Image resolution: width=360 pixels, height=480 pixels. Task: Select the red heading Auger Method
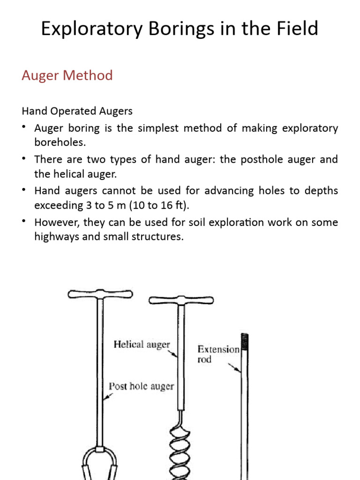[67, 75]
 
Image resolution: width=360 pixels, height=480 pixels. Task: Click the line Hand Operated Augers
[77, 111]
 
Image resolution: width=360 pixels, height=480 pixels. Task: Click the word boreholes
[60, 142]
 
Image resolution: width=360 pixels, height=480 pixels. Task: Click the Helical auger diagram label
[142, 345]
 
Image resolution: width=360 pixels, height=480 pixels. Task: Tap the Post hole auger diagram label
[141, 386]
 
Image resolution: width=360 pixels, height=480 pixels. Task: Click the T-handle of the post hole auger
[100, 294]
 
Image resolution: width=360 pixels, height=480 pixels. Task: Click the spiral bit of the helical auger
[179, 450]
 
